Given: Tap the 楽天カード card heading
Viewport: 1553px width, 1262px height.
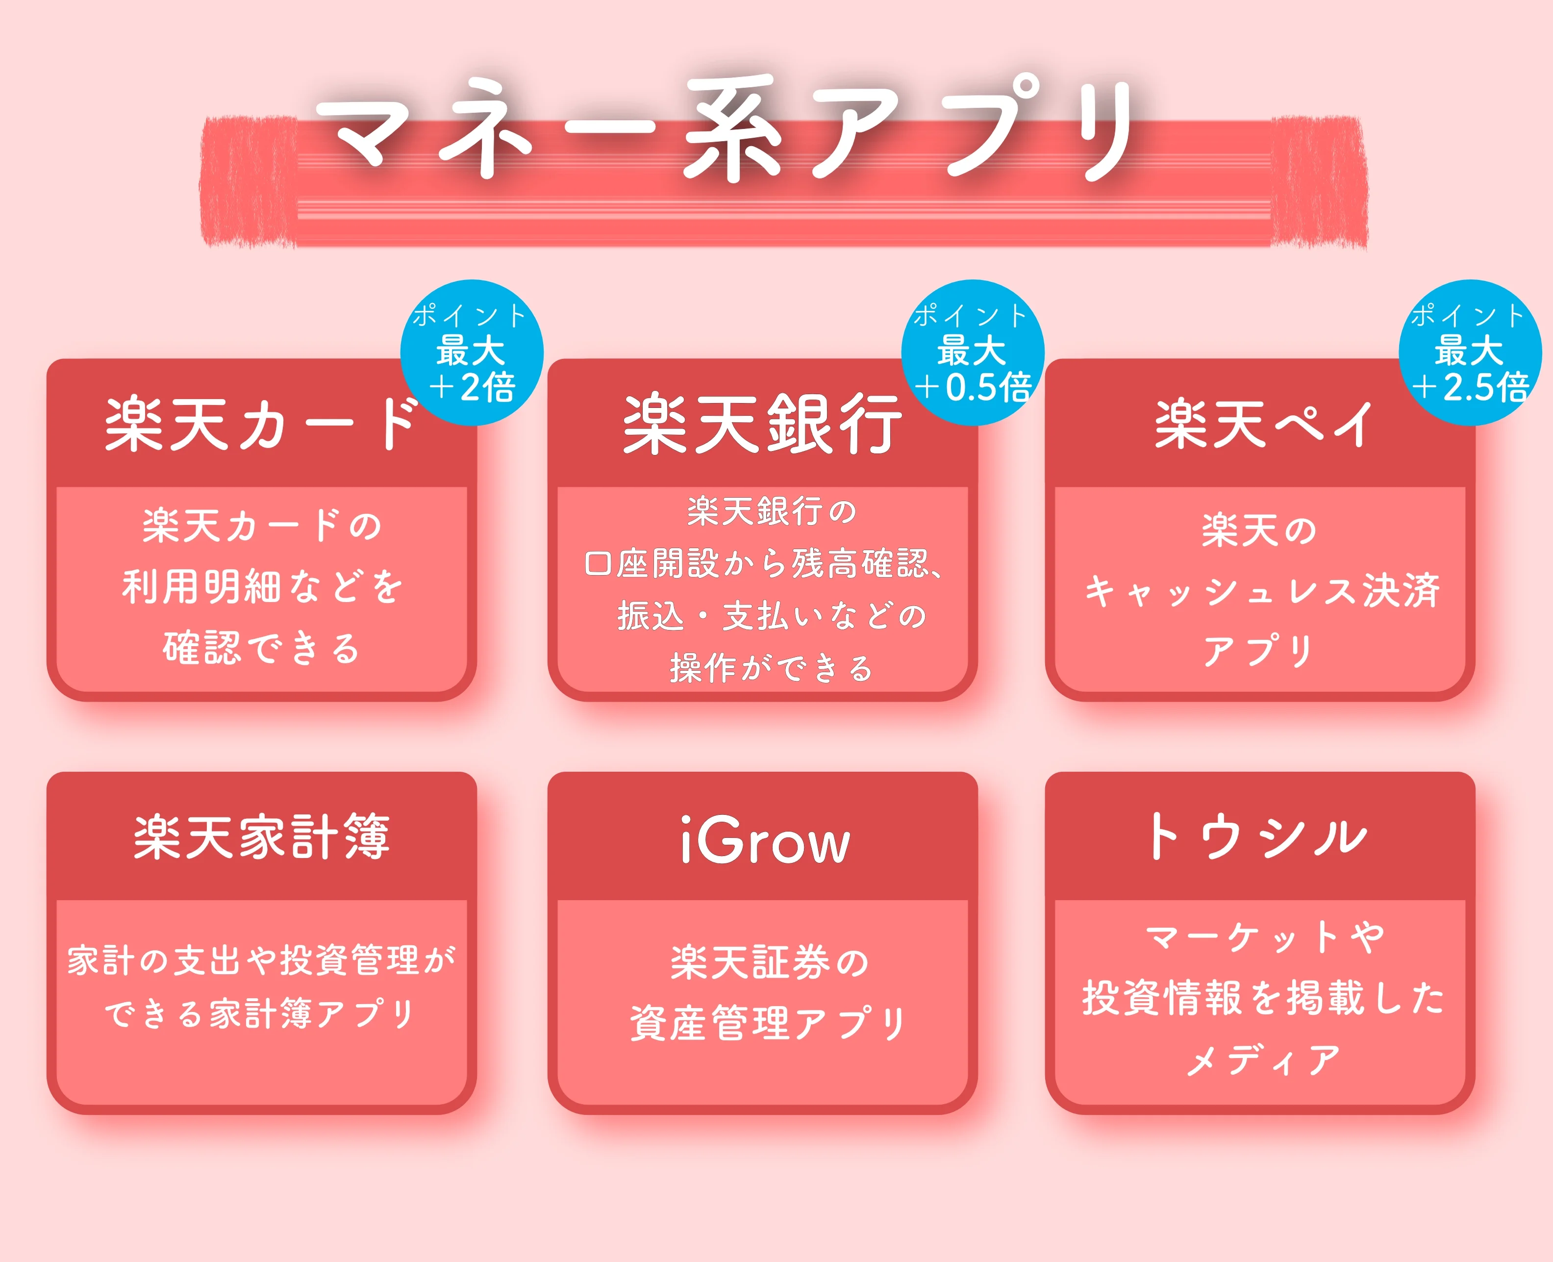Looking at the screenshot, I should [262, 424].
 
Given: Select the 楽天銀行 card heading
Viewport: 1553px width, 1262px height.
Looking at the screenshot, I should [762, 424].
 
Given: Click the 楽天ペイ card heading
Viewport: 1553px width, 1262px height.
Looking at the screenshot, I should [1263, 424].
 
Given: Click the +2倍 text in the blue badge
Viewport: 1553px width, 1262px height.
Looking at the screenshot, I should [473, 387].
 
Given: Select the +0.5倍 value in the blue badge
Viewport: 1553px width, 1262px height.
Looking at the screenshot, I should [973, 387].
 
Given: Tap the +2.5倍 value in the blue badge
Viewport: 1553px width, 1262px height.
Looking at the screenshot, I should [1470, 387].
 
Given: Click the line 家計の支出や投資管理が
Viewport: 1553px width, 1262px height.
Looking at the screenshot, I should [262, 960].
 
